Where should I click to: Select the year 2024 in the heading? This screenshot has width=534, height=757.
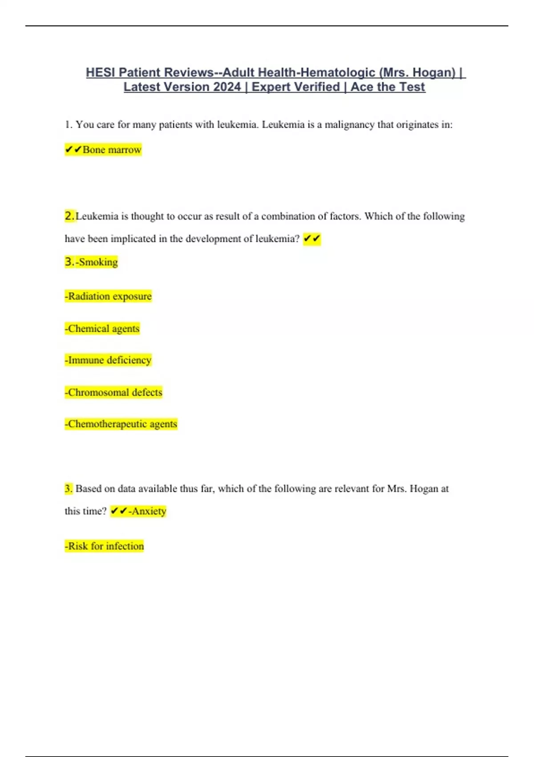click(227, 87)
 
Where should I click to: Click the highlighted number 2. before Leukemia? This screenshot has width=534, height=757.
click(69, 216)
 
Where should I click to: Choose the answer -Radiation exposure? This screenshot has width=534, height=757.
click(109, 297)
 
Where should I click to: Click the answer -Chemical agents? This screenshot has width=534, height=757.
click(102, 329)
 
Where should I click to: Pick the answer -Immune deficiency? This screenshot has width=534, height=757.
click(109, 360)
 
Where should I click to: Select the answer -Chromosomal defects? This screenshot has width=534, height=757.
click(114, 393)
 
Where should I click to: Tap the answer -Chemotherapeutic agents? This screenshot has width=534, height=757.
click(121, 424)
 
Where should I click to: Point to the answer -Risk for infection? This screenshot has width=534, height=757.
click(105, 546)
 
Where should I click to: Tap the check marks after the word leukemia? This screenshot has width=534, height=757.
click(311, 239)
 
